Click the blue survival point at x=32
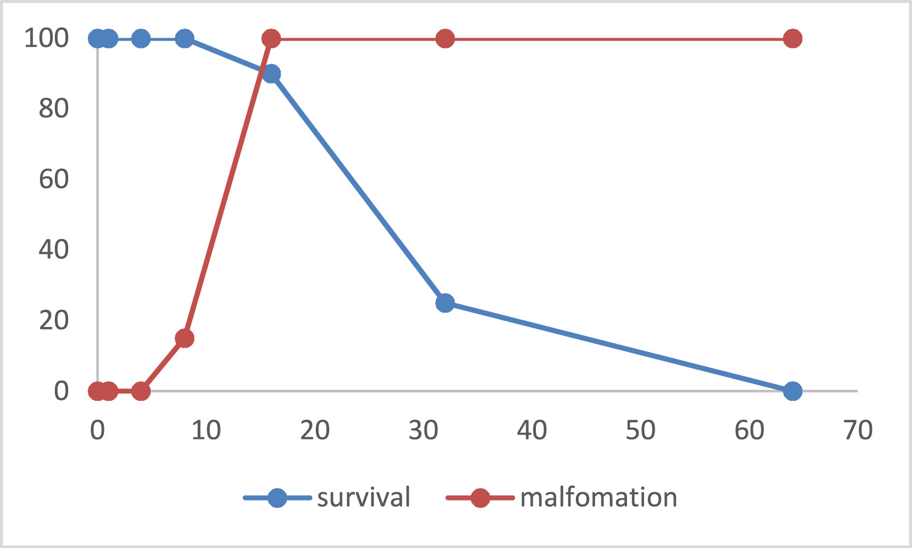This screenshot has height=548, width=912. click(x=445, y=303)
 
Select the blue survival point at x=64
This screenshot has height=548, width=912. click(x=793, y=391)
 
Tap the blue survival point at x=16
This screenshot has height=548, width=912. click(x=271, y=74)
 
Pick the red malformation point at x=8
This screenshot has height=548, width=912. click(x=184, y=338)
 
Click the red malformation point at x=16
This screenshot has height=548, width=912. click(x=271, y=38)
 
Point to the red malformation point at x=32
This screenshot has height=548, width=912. click(x=445, y=38)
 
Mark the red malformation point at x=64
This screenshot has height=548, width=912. click(x=793, y=38)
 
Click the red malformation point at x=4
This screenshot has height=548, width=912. click(x=141, y=391)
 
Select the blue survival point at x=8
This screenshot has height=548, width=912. click(x=184, y=38)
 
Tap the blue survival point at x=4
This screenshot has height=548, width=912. click(x=141, y=38)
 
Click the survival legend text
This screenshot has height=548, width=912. click(x=363, y=497)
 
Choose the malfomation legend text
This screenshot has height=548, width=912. click(x=598, y=497)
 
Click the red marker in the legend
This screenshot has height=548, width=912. click(x=480, y=498)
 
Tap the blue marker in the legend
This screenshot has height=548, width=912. click(x=277, y=498)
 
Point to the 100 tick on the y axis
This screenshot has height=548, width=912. click(x=46, y=38)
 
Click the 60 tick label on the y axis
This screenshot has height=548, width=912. click(x=53, y=179)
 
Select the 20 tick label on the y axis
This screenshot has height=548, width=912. click(x=53, y=321)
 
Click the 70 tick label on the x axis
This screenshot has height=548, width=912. click(x=858, y=430)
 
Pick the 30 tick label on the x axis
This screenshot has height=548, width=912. click(x=423, y=430)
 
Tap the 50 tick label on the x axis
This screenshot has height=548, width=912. click(x=640, y=430)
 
